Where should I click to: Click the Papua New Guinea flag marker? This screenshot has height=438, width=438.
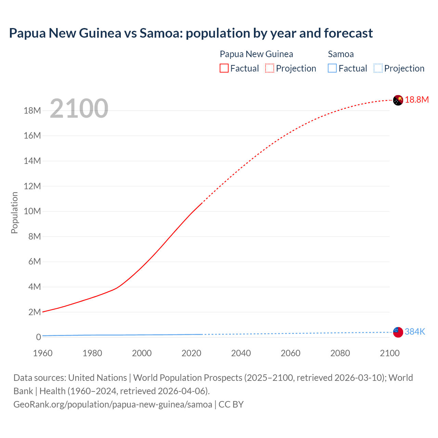pos(398,100)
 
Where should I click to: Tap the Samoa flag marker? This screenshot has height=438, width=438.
pos(398,332)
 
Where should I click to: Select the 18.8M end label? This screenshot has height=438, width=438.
pos(417,100)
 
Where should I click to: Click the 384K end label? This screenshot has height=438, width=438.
pos(415,332)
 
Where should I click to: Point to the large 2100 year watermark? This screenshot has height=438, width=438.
pos(79,108)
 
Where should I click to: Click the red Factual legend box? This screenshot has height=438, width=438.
pos(224,68)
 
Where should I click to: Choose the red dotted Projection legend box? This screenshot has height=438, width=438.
pos(270,68)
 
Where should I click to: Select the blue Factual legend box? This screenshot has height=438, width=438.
pos(332,68)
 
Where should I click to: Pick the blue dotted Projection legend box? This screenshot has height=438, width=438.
pos(378,68)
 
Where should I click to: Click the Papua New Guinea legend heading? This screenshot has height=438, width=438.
pos(256,54)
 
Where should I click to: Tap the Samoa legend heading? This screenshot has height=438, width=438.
pos(341,54)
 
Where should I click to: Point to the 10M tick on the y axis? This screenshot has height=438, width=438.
pos(33,211)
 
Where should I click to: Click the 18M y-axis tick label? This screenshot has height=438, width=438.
pos(33,111)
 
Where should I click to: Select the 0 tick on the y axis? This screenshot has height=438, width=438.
pos(38,337)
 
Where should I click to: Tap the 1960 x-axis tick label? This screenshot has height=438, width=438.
pos(43,353)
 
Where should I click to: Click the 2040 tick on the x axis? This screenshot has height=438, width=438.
pos(241,353)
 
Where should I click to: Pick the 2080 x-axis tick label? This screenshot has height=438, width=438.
pos(340,353)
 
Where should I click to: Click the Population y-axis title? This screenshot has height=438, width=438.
pos(14,212)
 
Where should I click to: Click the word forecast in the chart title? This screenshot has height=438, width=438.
pos(348,33)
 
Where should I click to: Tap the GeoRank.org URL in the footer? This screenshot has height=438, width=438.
pos(113,404)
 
